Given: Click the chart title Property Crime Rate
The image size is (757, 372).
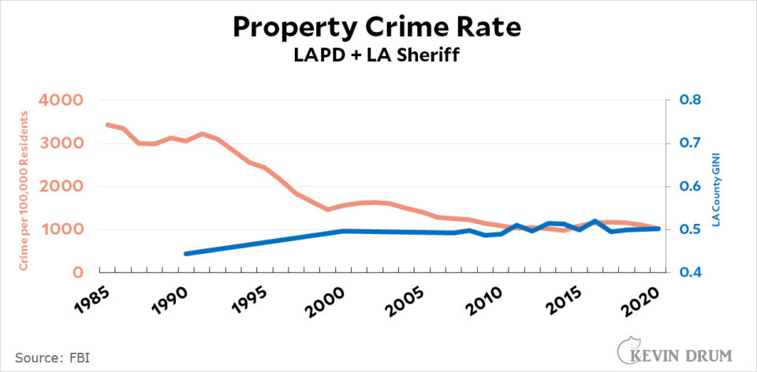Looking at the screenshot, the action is tap(377, 28).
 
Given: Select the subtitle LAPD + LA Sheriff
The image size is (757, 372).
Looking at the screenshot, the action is tap(377, 55).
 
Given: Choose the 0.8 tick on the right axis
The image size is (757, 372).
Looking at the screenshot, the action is tap(690, 100).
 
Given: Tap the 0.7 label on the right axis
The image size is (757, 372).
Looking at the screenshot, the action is tap(690, 143).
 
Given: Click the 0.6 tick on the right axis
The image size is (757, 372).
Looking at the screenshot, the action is tap(690, 186).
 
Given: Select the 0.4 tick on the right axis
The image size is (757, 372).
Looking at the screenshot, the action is tap(690, 273).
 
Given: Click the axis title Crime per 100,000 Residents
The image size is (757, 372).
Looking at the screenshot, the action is tap(23, 191).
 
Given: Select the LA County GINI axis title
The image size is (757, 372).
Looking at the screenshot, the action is tap(717, 188).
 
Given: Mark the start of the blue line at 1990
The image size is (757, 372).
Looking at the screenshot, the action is tap(186, 254).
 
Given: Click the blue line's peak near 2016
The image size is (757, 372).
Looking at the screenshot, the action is tap(593, 221).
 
